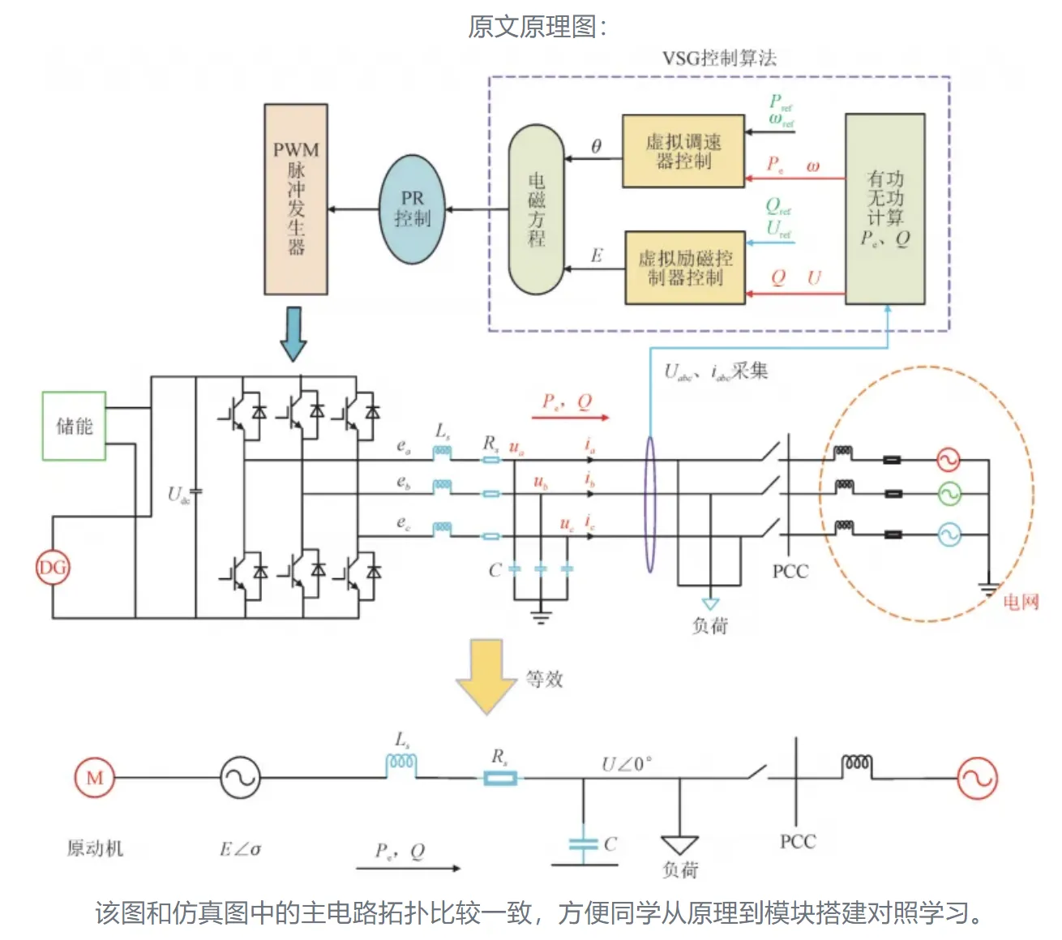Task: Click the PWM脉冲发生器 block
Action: pyautogui.click(x=296, y=199)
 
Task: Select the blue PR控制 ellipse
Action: pyautogui.click(x=413, y=209)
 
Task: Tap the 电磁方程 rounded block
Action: pyautogui.click(x=536, y=209)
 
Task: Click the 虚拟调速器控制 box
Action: pyautogui.click(x=683, y=152)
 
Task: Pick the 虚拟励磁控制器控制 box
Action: pyautogui.click(x=685, y=268)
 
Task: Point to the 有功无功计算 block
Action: pyautogui.click(x=884, y=209)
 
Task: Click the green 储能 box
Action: pyautogui.click(x=74, y=426)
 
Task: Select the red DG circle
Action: pyautogui.click(x=53, y=567)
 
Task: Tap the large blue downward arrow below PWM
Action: pyautogui.click(x=293, y=333)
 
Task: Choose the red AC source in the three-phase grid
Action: pyautogui.click(x=948, y=460)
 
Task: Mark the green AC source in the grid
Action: pyautogui.click(x=948, y=493)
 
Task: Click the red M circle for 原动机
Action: pyautogui.click(x=95, y=778)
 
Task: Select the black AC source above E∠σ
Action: pyautogui.click(x=240, y=777)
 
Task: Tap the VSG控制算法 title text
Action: pyautogui.click(x=719, y=58)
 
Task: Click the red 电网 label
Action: pyautogui.click(x=1021, y=602)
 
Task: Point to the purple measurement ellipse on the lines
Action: pyautogui.click(x=649, y=504)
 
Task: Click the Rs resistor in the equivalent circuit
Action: pyautogui.click(x=500, y=779)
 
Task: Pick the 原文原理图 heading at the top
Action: pyautogui.click(x=536, y=27)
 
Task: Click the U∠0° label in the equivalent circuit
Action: pyautogui.click(x=627, y=764)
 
